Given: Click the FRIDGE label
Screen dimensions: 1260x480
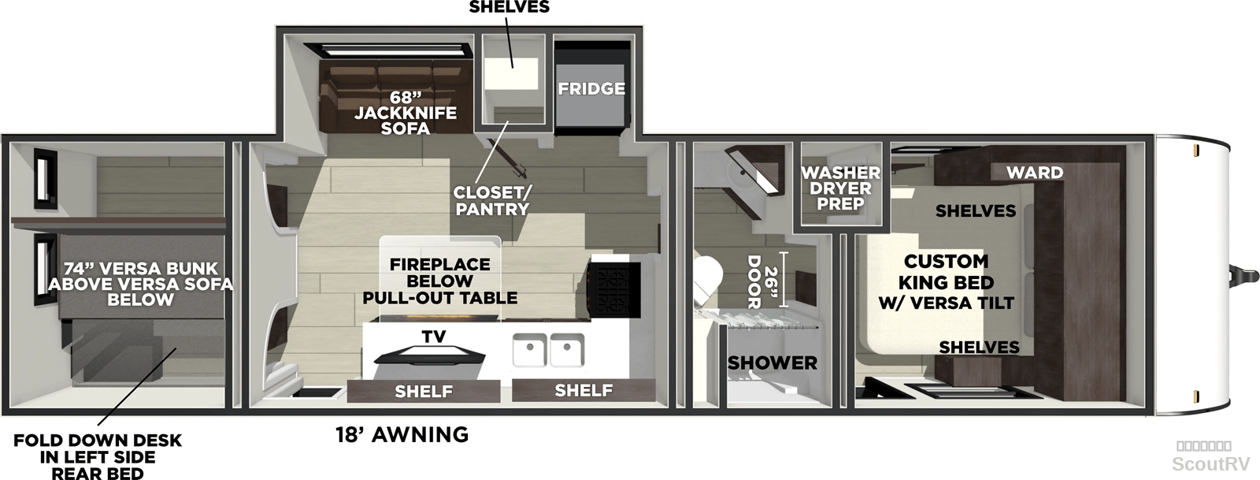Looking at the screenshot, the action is tap(591, 89).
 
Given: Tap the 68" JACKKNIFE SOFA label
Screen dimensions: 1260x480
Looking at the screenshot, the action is tap(405, 113).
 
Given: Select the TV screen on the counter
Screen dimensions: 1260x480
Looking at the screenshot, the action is tap(429, 356).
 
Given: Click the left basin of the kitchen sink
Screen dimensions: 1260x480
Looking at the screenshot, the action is tap(529, 350).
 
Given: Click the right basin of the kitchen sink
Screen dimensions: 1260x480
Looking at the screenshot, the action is tap(567, 350).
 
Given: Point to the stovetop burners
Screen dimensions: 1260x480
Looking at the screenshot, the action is tap(614, 290).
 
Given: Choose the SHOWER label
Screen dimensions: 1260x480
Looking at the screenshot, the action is tap(773, 363).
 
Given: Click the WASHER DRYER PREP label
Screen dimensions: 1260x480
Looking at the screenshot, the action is tap(841, 188).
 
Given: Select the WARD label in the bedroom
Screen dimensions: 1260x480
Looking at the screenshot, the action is tap(1035, 172).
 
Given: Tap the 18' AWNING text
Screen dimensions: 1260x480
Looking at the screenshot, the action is tap(402, 434).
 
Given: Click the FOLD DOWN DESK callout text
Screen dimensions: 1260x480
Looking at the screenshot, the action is tap(98, 456).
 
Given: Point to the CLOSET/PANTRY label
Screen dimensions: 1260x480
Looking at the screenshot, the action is tap(491, 200).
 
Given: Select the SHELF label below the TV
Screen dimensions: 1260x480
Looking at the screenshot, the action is tap(424, 391).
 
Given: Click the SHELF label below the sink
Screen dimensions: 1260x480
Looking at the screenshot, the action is tap(584, 390).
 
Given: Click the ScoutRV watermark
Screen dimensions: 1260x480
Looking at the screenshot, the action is tap(1210, 463).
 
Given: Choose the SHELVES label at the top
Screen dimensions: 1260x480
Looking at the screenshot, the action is tap(509, 7).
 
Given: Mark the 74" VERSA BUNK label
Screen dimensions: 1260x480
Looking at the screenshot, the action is tap(140, 284).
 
